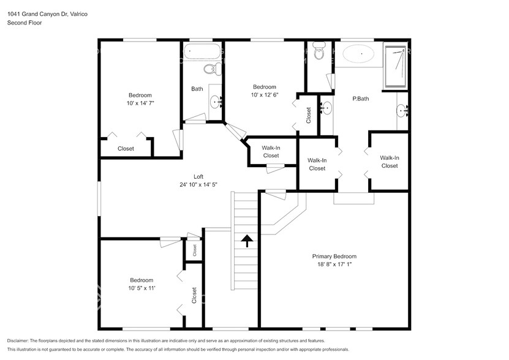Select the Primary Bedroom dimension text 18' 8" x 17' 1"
pyautogui.click(x=334, y=264)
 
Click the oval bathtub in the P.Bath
pyautogui.click(x=358, y=54)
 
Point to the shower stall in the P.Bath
pyautogui.click(x=396, y=65)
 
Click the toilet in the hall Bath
pyautogui.click(x=209, y=67)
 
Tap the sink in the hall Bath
pyautogui.click(x=216, y=100)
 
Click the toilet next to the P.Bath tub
pyautogui.click(x=319, y=53)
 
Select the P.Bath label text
pyautogui.click(x=360, y=99)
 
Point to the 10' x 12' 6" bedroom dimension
pyautogui.click(x=265, y=95)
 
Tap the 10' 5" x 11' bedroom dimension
pyautogui.click(x=141, y=288)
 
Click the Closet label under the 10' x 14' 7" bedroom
pyautogui.click(x=126, y=148)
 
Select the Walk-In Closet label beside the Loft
pyautogui.click(x=271, y=151)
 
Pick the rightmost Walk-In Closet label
pyautogui.click(x=389, y=162)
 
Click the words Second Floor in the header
pyautogui.click(x=24, y=23)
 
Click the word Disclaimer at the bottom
pyautogui.click(x=18, y=340)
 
